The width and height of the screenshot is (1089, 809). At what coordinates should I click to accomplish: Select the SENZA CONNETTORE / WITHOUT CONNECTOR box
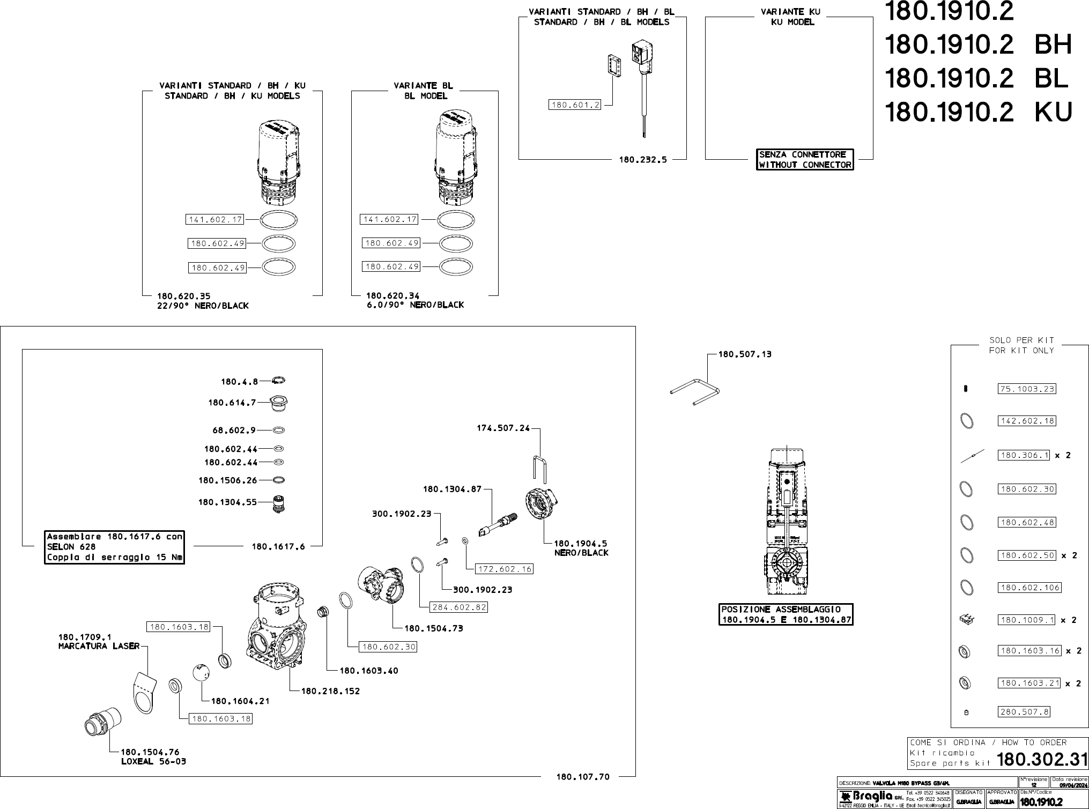click(805, 160)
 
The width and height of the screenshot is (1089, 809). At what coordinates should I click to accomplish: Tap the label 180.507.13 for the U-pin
click(745, 354)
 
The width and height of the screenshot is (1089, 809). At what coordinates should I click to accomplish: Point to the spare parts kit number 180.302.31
click(1042, 759)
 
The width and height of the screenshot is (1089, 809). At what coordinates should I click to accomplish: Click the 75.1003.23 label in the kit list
click(1027, 389)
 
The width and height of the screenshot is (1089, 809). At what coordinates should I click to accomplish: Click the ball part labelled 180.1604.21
click(201, 672)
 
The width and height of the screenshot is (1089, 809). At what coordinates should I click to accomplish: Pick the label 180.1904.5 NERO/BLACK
click(581, 548)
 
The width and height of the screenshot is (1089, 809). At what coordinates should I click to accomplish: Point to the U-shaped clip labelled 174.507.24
click(539, 467)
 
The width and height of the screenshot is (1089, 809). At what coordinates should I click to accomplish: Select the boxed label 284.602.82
click(459, 607)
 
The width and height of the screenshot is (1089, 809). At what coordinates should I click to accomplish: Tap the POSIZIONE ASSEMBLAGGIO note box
click(786, 614)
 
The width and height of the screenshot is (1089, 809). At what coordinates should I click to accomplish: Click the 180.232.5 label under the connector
click(642, 159)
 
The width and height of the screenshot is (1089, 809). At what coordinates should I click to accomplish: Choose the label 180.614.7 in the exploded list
click(232, 403)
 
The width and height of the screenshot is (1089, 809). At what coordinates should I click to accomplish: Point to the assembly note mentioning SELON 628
click(114, 547)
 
